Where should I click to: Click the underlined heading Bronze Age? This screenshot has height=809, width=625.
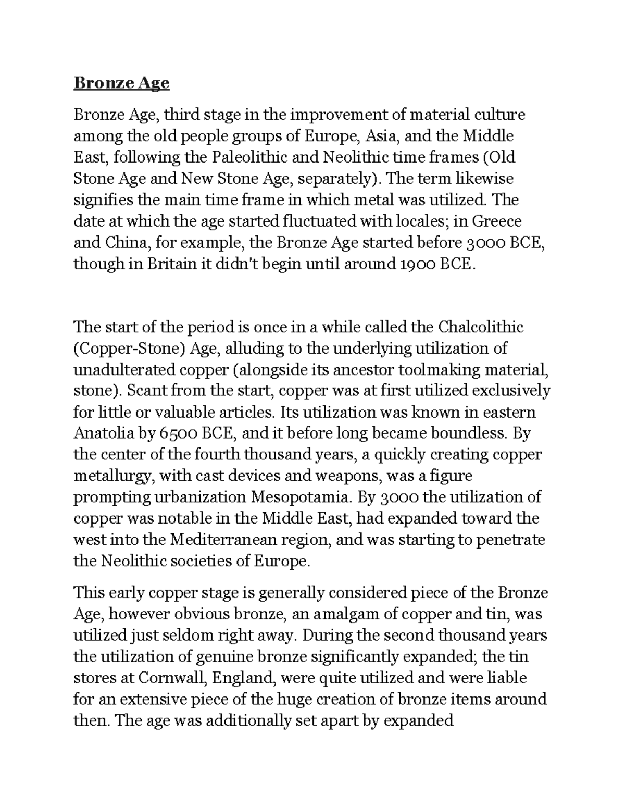121,83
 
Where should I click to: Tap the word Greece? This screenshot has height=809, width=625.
497,221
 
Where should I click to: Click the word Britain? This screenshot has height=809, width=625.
162,264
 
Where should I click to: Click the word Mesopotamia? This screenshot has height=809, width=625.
302,497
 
